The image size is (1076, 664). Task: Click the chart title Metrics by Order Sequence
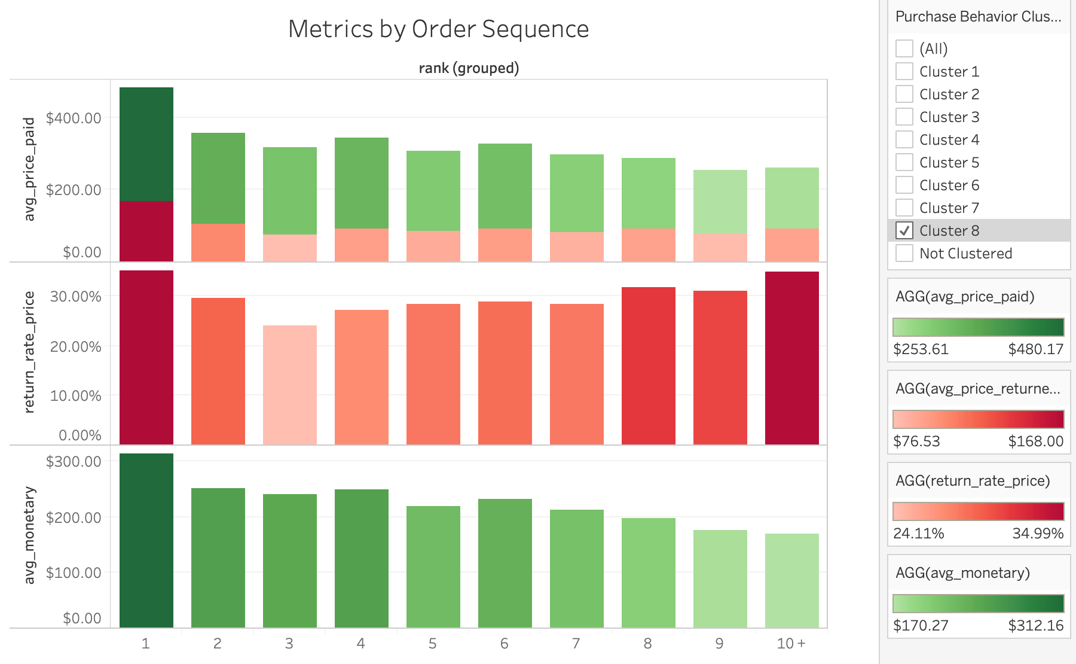pyautogui.click(x=438, y=29)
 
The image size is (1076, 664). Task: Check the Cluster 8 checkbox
pyautogui.click(x=904, y=230)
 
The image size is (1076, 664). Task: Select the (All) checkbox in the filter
pyautogui.click(x=904, y=48)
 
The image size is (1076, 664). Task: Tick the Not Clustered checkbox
pyautogui.click(x=904, y=253)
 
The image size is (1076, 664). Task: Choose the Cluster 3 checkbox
pyautogui.click(x=904, y=117)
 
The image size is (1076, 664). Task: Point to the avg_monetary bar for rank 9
pyautogui.click(x=720, y=578)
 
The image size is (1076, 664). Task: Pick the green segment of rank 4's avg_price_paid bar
pyautogui.click(x=361, y=183)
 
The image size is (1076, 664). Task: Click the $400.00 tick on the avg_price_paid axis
pyautogui.click(x=74, y=118)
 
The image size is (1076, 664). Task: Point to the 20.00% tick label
pyautogui.click(x=75, y=346)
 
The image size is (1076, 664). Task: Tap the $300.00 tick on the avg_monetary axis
pyautogui.click(x=74, y=461)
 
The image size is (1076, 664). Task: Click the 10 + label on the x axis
pyautogui.click(x=791, y=643)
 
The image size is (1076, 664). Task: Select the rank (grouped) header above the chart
pyautogui.click(x=469, y=68)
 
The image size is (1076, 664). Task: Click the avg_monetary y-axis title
pyautogui.click(x=29, y=535)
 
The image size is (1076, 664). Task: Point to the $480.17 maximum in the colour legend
pyautogui.click(x=1035, y=349)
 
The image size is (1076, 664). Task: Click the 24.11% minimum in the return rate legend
pyautogui.click(x=918, y=533)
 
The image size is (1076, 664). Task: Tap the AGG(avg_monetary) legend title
pyautogui.click(x=962, y=572)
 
